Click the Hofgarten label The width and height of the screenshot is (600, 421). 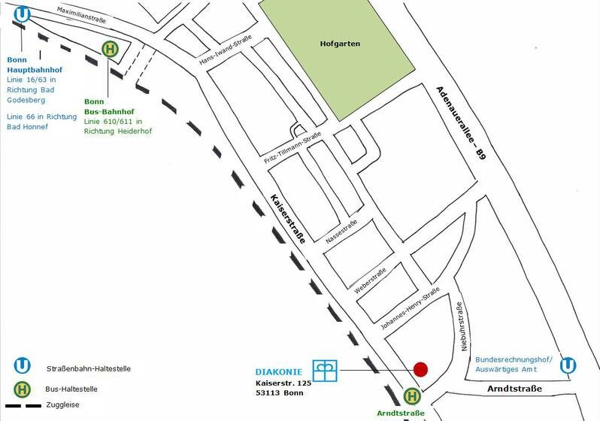pyautogui.click(x=340, y=44)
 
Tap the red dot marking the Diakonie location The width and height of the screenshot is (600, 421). pyautogui.click(x=420, y=370)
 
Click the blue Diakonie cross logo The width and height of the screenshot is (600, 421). pyautogui.click(x=325, y=371)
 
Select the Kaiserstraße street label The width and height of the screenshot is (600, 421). pyautogui.click(x=288, y=219)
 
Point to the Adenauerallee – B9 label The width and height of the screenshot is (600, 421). pyautogui.click(x=461, y=123)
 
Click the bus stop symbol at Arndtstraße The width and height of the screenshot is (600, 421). pyautogui.click(x=412, y=396)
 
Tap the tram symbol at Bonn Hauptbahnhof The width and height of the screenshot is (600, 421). pyautogui.click(x=22, y=14)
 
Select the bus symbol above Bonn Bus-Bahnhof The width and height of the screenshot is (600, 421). pyautogui.click(x=111, y=50)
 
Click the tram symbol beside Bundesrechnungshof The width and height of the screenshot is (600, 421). pyautogui.click(x=568, y=365)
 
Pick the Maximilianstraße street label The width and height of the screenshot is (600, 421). pyautogui.click(x=81, y=15)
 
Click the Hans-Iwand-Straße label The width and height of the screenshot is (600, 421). pyautogui.click(x=226, y=50)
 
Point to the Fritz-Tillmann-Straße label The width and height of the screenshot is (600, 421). pyautogui.click(x=292, y=148)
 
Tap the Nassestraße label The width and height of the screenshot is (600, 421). pyautogui.click(x=341, y=231)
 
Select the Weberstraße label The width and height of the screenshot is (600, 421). pyautogui.click(x=370, y=280)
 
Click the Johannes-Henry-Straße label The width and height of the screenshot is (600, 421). pyautogui.click(x=410, y=308)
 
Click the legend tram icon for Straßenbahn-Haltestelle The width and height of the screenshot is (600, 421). pyautogui.click(x=22, y=365)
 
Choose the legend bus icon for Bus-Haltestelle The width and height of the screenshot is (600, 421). pyautogui.click(x=22, y=389)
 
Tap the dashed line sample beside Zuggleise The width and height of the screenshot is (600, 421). pyautogui.click(x=23, y=405)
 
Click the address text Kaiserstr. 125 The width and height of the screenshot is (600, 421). pyautogui.click(x=283, y=383)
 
